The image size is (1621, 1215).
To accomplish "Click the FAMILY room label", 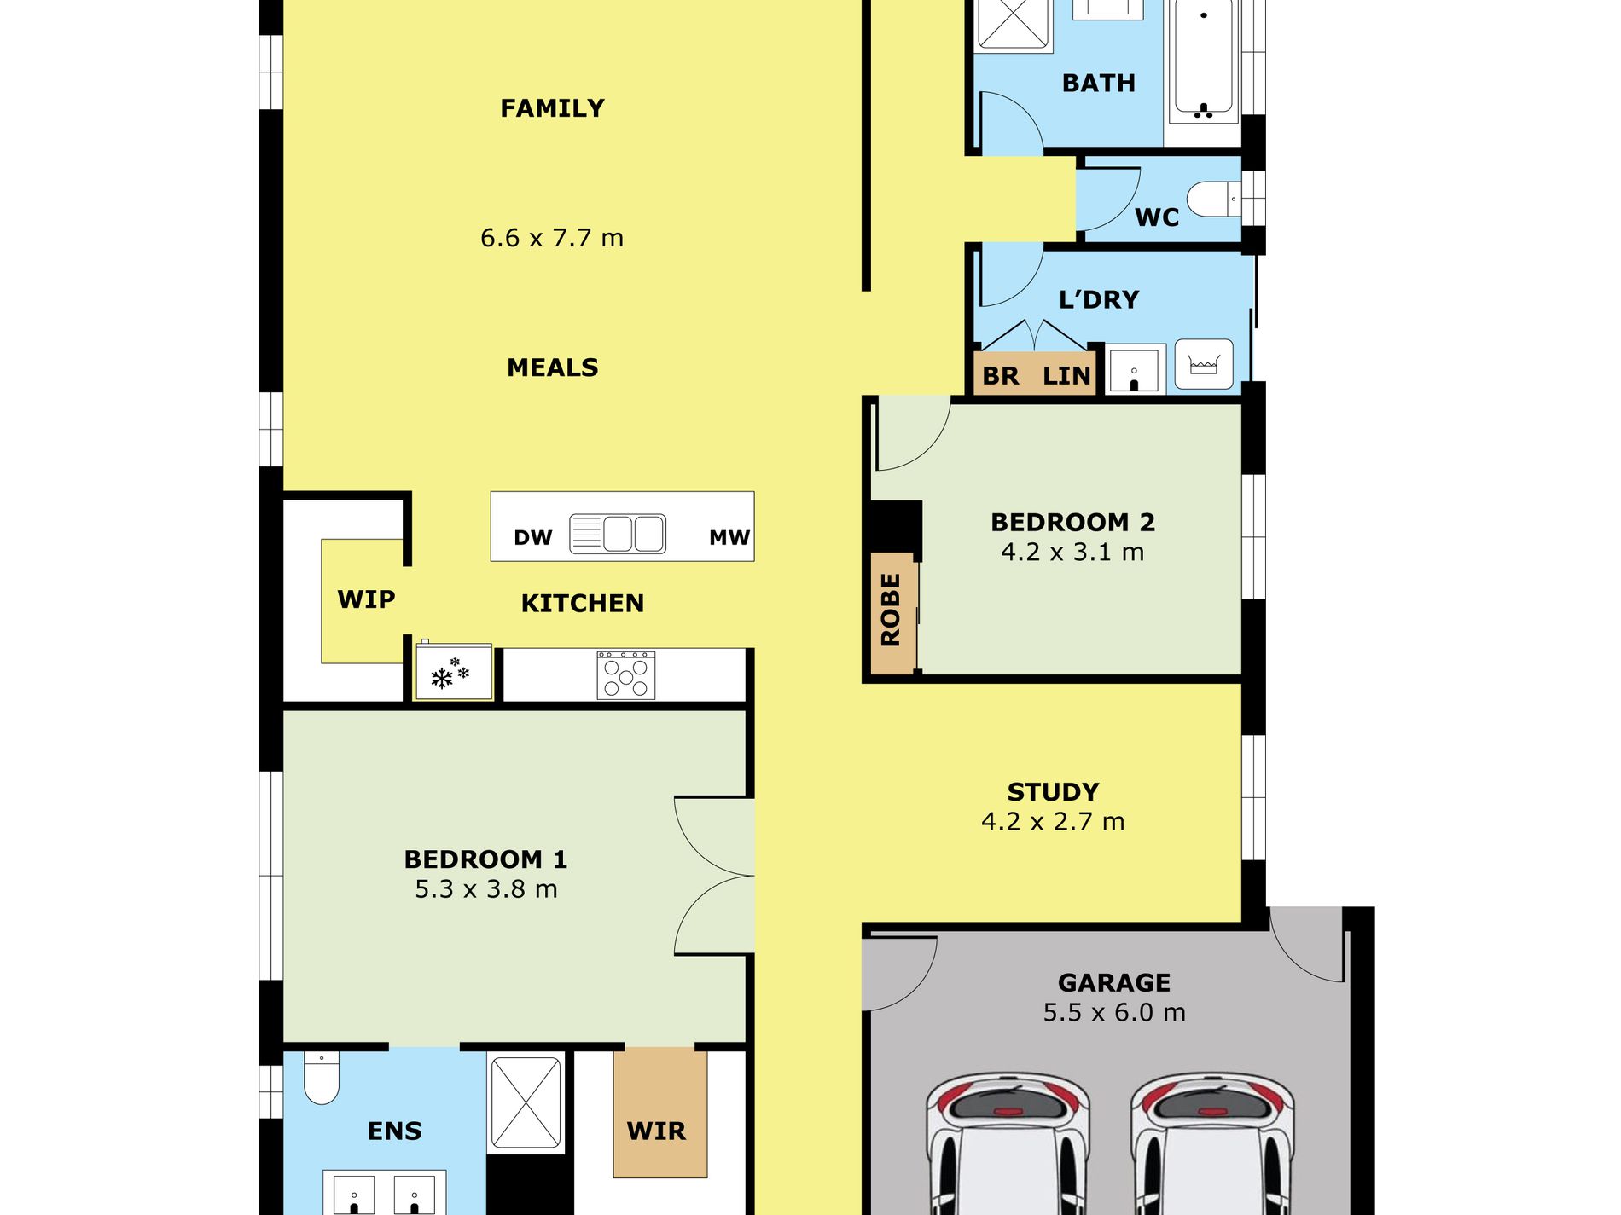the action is pyautogui.click(x=552, y=108).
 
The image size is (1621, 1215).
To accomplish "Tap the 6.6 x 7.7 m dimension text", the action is pyautogui.click(x=552, y=238).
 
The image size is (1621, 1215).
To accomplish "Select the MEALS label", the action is pyautogui.click(x=553, y=367).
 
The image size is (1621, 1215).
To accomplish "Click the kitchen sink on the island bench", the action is pyautogui.click(x=618, y=534).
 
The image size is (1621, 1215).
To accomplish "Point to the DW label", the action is pyautogui.click(x=533, y=538).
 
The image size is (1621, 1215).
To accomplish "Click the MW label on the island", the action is pyautogui.click(x=729, y=537).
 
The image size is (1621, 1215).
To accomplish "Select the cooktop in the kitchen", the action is pyautogui.click(x=626, y=675).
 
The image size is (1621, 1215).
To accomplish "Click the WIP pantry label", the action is pyautogui.click(x=366, y=599).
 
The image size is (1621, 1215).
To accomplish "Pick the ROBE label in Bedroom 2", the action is pyautogui.click(x=891, y=610).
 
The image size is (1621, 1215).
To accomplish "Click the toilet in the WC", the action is pyautogui.click(x=1213, y=199).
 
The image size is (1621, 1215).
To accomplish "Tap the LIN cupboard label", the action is pyautogui.click(x=1066, y=376).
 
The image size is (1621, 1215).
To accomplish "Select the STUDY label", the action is pyautogui.click(x=1054, y=792).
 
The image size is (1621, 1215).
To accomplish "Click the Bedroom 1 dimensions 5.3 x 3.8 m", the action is pyautogui.click(x=486, y=889).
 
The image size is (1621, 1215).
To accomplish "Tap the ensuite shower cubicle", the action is pyautogui.click(x=526, y=1102).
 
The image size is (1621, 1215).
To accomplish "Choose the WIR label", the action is pyautogui.click(x=656, y=1131).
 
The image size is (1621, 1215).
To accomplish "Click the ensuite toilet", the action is pyautogui.click(x=322, y=1079).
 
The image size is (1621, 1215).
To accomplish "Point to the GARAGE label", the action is pyautogui.click(x=1114, y=983).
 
